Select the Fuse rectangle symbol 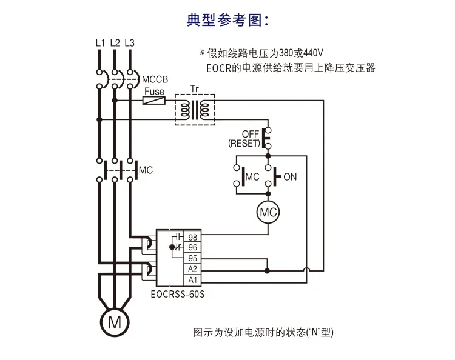coord(154,101)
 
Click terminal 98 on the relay coord(193,237)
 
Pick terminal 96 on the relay coord(193,247)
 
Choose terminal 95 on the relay coord(193,258)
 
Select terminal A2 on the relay coord(193,269)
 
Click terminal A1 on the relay coord(193,280)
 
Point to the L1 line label coord(100,43)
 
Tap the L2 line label coord(115,43)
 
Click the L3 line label coord(130,43)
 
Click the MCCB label coord(155,79)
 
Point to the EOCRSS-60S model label coord(178,294)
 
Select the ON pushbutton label coord(290,177)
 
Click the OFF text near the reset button coord(251,134)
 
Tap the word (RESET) coord(244,143)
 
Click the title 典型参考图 coord(227,20)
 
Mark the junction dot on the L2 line coord(115,100)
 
